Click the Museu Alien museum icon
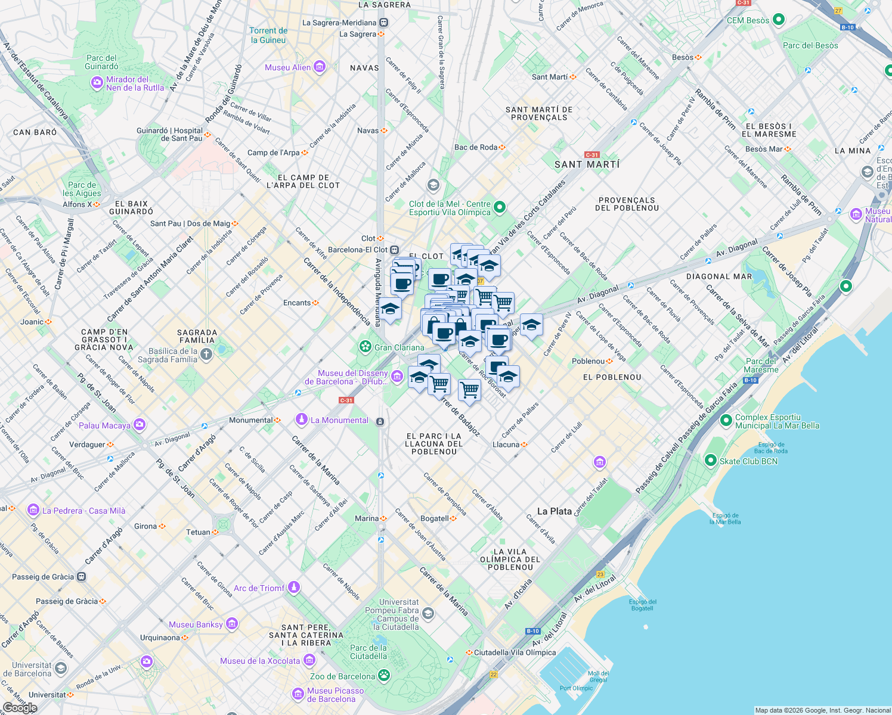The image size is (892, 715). coord(320,67)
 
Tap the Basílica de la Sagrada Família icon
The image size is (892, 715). coord(206,355)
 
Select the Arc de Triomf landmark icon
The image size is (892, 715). coord(293,587)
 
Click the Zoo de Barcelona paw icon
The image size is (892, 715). coord(384,676)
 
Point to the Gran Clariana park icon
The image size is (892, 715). coord(365,347)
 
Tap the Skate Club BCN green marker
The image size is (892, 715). coord(710,461)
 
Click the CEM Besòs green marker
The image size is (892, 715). coord(779,20)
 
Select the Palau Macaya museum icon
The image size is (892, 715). coord(140,425)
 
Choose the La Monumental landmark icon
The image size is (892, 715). coord(302,420)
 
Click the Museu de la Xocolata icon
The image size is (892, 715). coord(309,660)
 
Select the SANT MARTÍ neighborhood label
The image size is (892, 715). coord(587,164)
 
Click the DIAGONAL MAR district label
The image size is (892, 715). coord(718,276)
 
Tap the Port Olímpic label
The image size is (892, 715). coord(576,688)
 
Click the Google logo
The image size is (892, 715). coord(20,707)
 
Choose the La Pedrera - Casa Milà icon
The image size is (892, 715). coord(33,510)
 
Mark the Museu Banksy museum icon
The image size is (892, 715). coord(232,624)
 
